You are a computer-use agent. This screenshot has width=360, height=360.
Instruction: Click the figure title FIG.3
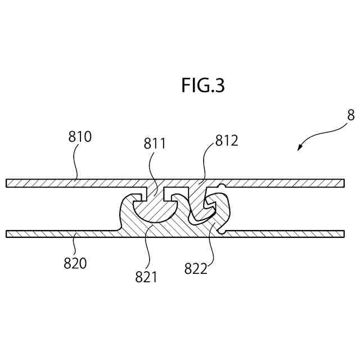click(203, 85)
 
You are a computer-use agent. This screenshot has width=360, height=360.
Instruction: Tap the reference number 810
click(80, 136)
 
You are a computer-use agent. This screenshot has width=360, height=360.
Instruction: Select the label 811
click(155, 143)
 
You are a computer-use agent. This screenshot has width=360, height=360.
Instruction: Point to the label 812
click(227, 141)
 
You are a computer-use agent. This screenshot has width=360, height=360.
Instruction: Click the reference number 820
click(75, 263)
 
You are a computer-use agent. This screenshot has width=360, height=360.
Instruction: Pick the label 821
click(146, 276)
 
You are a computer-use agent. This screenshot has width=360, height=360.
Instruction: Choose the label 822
click(196, 269)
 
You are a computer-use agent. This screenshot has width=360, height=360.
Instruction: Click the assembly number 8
click(350, 116)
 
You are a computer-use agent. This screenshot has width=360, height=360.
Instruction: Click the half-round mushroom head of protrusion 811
click(152, 210)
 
